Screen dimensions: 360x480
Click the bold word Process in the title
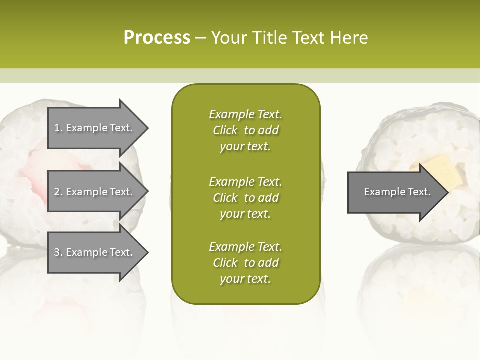(157, 38)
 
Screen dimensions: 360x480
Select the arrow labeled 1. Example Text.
(94, 128)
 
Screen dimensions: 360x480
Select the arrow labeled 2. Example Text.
(94, 192)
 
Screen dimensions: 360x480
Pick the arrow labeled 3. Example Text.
(94, 252)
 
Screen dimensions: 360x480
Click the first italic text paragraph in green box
(245, 130)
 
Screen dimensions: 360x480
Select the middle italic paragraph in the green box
(245, 198)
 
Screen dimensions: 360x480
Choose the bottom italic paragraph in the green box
(245, 263)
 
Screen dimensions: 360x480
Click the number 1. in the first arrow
(58, 128)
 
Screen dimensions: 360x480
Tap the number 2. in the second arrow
(58, 192)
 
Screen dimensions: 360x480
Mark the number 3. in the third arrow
(58, 252)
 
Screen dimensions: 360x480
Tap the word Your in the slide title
(229, 38)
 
